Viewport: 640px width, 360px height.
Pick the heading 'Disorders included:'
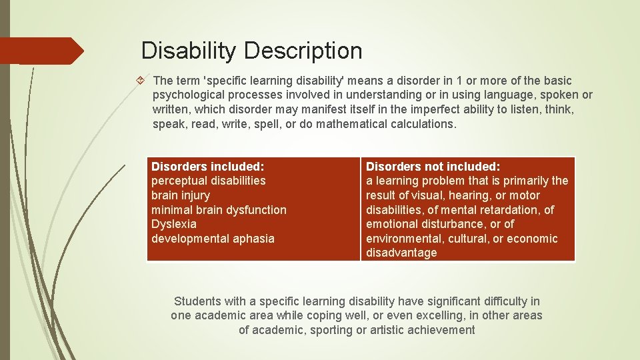(x=207, y=166)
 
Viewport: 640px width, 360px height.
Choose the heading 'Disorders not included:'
(x=433, y=166)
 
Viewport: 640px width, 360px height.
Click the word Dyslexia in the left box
(x=173, y=224)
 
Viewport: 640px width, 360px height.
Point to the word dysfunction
(x=257, y=210)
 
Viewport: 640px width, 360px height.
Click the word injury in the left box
(x=195, y=195)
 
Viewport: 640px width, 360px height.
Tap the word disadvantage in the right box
(x=401, y=253)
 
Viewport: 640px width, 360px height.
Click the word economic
(x=532, y=239)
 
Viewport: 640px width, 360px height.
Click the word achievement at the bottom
(x=442, y=330)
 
